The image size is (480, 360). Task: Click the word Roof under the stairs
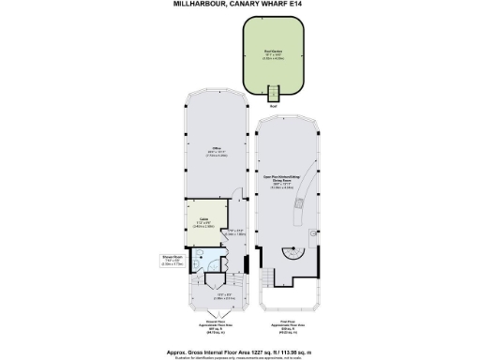click(275, 106)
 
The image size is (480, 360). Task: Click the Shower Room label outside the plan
click(172, 262)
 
